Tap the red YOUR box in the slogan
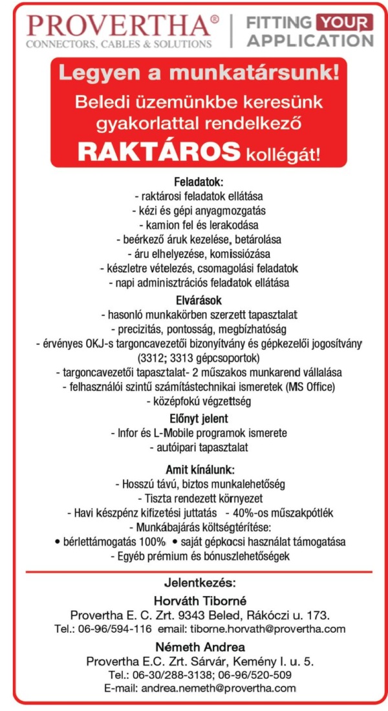point(345,23)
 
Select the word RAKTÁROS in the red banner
point(159,152)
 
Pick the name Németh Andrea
point(199,646)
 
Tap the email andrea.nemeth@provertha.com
point(218,688)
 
